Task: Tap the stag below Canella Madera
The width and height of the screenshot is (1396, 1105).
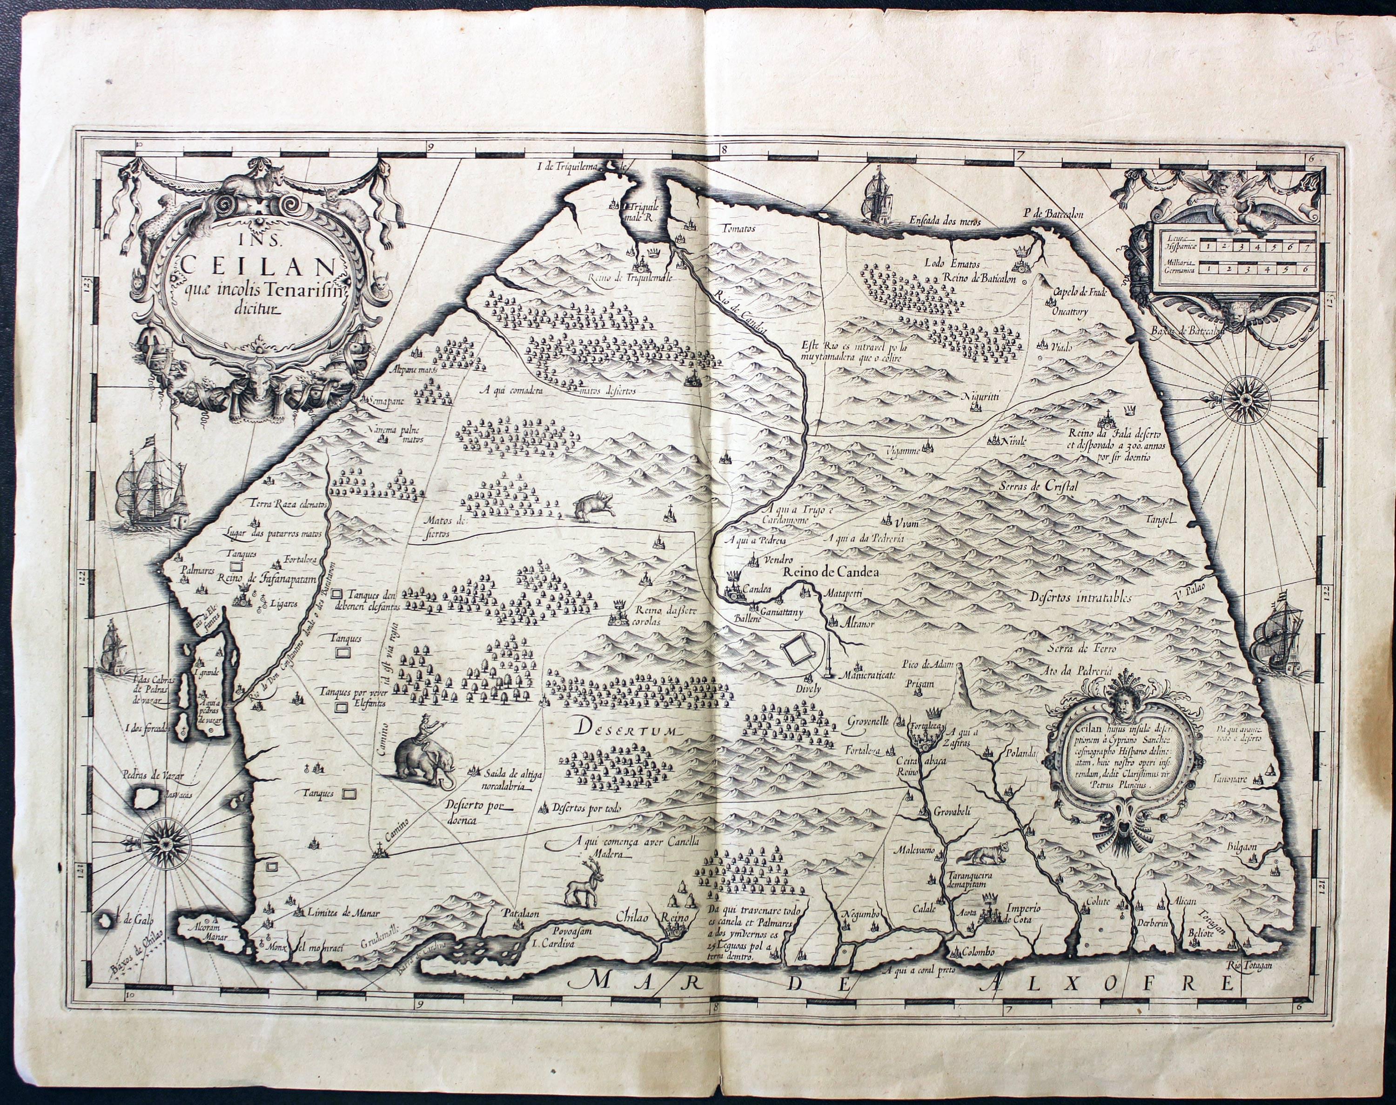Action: [584, 885]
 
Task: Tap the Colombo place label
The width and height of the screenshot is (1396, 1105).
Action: [976, 952]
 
